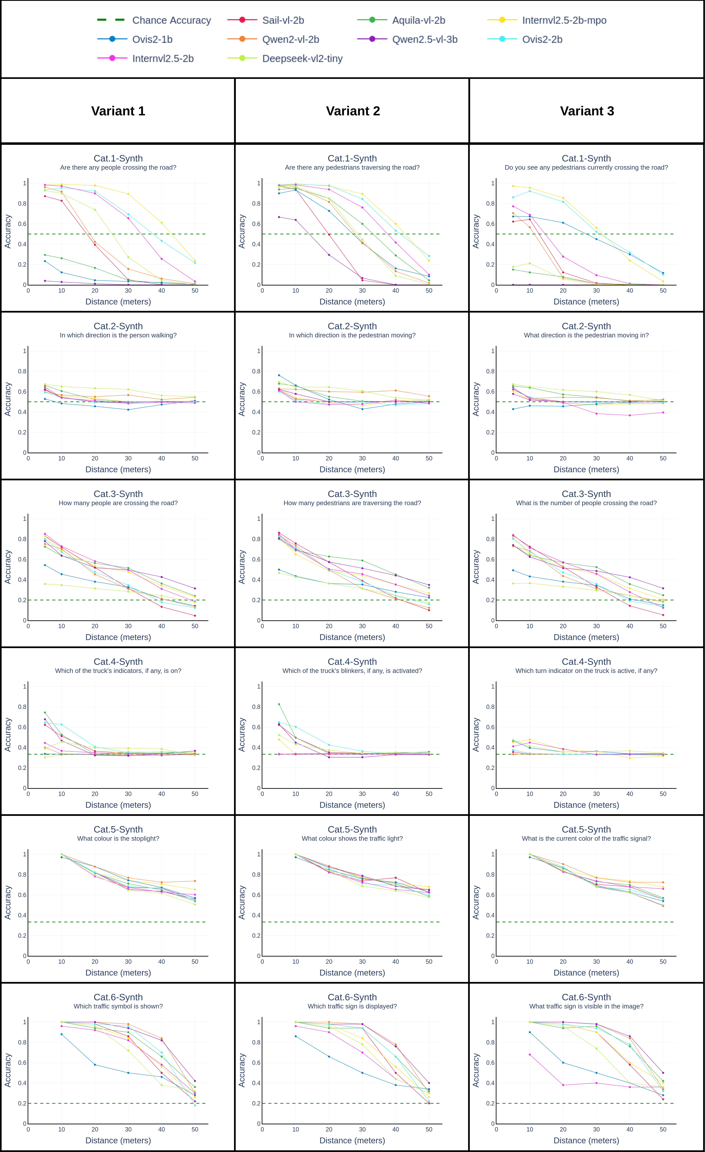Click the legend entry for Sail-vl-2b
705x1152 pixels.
(283, 20)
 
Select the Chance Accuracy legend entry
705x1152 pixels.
(171, 20)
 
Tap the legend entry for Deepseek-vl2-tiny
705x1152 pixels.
(302, 58)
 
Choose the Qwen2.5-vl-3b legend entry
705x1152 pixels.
(424, 39)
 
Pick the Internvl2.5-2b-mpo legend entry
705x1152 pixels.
(564, 20)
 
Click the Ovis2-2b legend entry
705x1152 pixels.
(542, 39)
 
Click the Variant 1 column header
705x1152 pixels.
(118, 111)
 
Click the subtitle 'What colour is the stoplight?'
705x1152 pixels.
(118, 838)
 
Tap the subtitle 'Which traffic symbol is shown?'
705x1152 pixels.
(118, 1006)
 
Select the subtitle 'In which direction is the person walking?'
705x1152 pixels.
(118, 335)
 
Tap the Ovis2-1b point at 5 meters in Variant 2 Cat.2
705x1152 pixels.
(279, 375)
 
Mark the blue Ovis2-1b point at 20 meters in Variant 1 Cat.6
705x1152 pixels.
(95, 1065)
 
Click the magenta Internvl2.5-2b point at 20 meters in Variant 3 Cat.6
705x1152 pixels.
(563, 1085)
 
